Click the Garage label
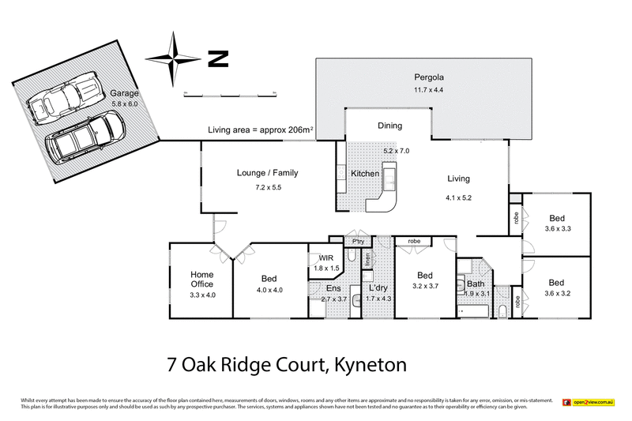(x=124, y=92)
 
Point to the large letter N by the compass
(x=217, y=58)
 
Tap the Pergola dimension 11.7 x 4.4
(x=431, y=90)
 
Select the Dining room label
(x=389, y=126)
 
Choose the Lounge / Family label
(x=267, y=173)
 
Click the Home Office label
(x=201, y=280)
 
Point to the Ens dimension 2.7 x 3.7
(x=333, y=299)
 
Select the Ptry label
(x=357, y=242)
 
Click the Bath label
(x=476, y=283)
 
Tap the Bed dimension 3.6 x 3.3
(x=557, y=227)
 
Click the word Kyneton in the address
(x=370, y=365)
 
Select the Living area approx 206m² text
(x=261, y=130)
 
